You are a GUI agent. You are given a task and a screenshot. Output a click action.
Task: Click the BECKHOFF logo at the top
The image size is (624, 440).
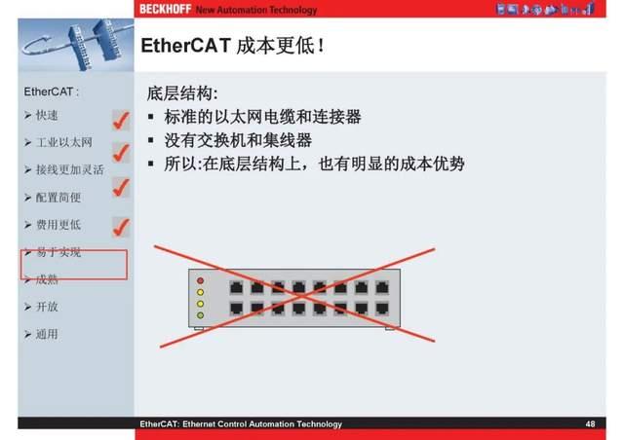(165, 9)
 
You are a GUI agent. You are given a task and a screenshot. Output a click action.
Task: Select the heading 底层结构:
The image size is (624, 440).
(182, 94)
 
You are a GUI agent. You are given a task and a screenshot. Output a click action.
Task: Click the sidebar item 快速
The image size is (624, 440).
(48, 116)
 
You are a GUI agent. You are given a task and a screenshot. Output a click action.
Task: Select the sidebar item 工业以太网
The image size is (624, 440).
(63, 143)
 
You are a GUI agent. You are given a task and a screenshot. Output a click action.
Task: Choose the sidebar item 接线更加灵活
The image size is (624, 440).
(69, 169)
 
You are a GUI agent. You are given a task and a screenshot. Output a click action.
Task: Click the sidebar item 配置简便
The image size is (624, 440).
(58, 197)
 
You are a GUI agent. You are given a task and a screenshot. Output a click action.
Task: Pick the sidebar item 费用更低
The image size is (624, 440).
(58, 225)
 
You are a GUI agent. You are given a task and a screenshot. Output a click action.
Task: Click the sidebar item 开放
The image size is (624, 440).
(48, 307)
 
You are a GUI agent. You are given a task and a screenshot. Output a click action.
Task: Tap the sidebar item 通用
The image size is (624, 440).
(48, 334)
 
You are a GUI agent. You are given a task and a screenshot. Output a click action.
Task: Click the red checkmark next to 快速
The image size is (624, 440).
(121, 121)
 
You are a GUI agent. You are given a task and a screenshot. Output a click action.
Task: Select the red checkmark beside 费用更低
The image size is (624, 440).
(121, 227)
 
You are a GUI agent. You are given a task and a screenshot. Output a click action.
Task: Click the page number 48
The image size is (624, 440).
(590, 424)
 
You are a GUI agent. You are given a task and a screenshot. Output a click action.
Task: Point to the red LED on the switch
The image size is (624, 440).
(201, 280)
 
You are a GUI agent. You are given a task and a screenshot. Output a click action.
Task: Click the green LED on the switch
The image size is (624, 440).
(201, 315)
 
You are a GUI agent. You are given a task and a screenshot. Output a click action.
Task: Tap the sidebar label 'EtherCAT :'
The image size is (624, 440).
(51, 92)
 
